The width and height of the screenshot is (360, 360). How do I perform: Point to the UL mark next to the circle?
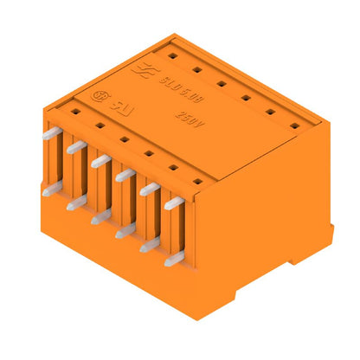click(x=116, y=102)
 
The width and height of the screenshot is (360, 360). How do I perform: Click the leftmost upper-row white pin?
click(x=51, y=132)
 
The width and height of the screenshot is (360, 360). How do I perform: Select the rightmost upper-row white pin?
click(x=174, y=202)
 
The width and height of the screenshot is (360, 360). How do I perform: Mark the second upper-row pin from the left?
click(x=75, y=147)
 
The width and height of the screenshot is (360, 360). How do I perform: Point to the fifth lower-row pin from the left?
click(x=149, y=244)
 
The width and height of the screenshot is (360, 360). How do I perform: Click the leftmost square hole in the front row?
click(x=76, y=112)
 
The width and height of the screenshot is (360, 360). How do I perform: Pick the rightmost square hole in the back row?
click(x=295, y=125)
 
